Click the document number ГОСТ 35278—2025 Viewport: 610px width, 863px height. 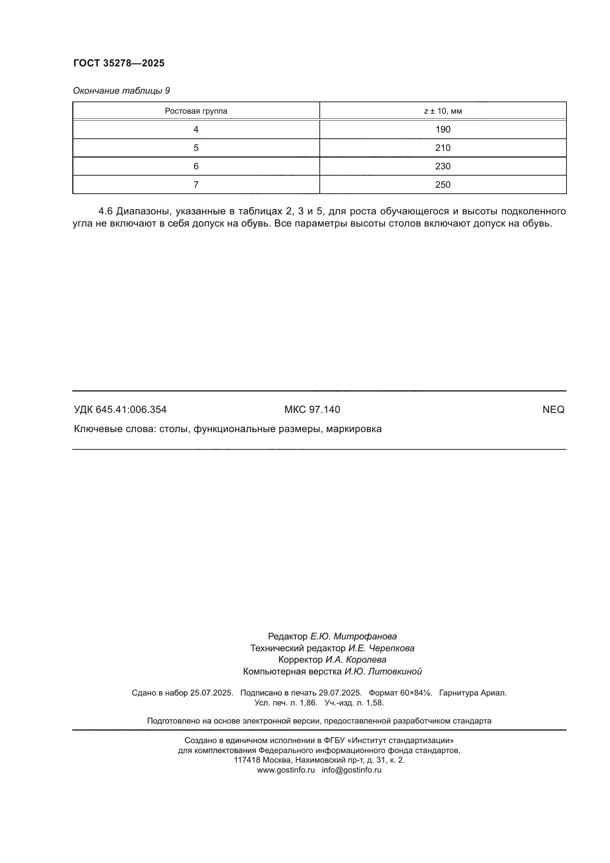119,63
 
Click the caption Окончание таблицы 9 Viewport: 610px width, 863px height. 121,91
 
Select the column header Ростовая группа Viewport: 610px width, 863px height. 196,111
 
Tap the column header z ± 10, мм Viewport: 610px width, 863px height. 443,111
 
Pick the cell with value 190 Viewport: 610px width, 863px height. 443,130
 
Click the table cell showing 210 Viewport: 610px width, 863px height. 443,148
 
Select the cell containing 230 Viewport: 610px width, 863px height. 443,166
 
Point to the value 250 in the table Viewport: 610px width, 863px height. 443,185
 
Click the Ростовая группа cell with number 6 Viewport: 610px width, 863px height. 196,166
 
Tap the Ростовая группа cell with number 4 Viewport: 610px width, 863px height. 196,130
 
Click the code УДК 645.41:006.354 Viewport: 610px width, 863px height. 120,410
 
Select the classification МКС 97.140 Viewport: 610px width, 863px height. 312,410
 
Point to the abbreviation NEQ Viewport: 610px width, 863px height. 553,410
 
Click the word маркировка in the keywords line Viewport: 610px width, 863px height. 353,429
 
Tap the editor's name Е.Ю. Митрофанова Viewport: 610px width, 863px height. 353,637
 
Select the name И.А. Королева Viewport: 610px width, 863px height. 355,660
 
